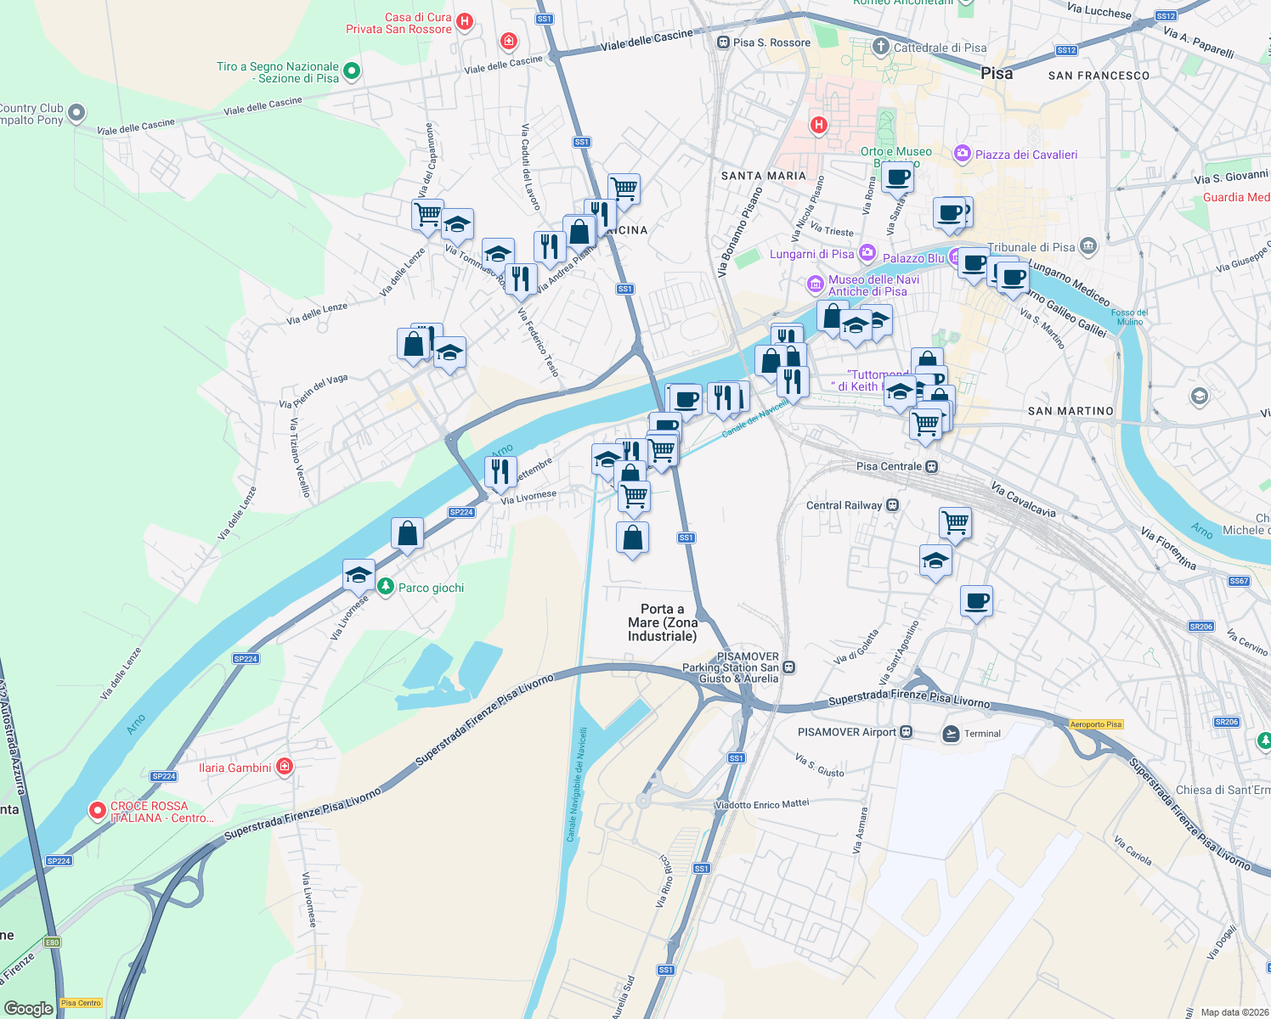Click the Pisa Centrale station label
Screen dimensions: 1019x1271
coord(889,466)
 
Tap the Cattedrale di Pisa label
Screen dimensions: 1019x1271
coord(940,48)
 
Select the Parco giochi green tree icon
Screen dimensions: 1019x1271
coord(386,587)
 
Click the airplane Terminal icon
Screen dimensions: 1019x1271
coord(951,733)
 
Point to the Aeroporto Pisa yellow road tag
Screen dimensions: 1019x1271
coord(1096,724)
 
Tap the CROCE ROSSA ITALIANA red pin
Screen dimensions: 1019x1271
coord(98,811)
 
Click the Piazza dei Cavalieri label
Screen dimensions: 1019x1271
coord(1025,155)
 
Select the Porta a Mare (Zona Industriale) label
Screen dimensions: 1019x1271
coord(662,622)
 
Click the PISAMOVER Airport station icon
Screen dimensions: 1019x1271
coord(907,732)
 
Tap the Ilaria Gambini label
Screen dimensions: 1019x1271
coord(234,768)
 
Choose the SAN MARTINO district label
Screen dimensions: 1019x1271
coord(1070,411)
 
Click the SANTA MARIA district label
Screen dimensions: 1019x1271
coord(763,176)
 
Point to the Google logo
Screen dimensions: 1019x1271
coord(28,1008)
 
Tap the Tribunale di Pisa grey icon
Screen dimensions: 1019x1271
coord(1089,247)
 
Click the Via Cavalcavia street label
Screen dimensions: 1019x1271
coord(1023,500)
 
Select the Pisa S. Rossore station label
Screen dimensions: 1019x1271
coord(771,42)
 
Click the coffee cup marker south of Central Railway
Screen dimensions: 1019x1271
coord(976,601)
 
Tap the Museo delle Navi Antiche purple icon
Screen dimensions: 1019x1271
coord(815,284)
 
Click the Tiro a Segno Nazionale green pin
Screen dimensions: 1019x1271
coord(352,71)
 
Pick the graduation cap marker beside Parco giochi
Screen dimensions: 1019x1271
coord(359,574)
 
